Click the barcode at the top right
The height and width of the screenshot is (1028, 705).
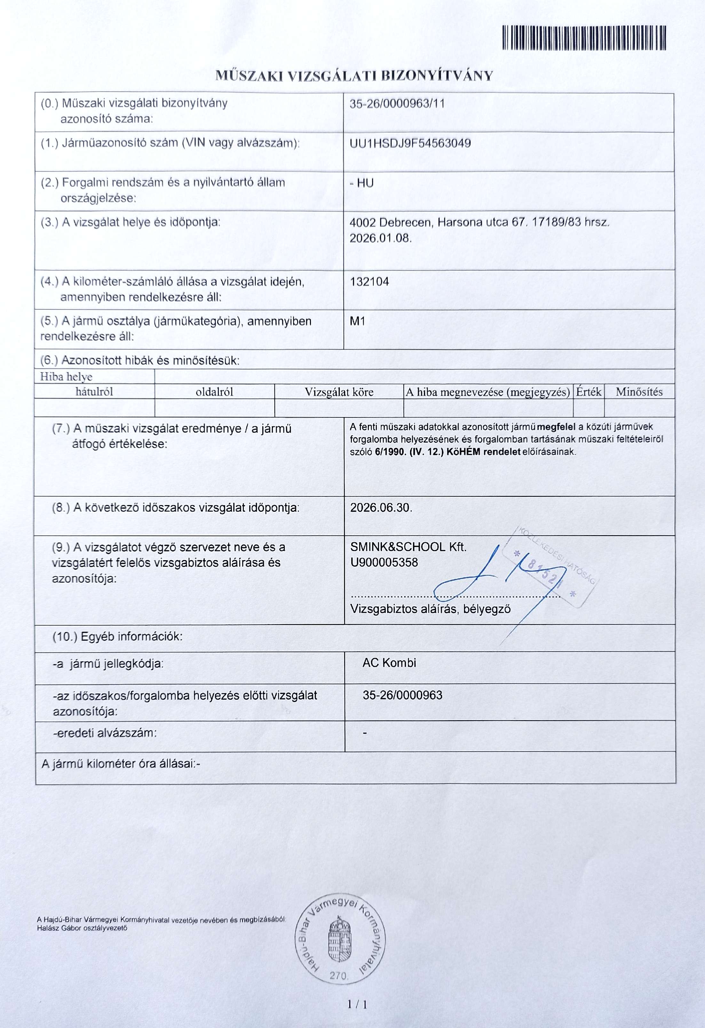point(584,38)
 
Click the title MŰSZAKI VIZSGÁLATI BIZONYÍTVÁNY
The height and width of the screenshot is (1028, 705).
point(354,76)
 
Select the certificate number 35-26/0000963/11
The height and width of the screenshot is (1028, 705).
point(397,104)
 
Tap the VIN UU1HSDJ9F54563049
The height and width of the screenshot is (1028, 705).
point(410,143)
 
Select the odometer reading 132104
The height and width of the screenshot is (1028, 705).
point(369,282)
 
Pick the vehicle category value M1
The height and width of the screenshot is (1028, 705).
point(357,321)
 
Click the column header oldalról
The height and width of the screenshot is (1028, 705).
point(214,392)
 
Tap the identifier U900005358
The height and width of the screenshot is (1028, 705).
point(384,563)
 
